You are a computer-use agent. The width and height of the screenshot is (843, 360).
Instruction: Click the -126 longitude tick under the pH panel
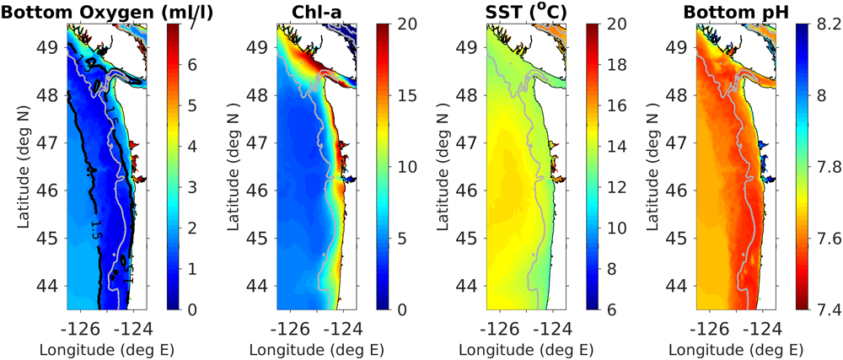tap(708, 325)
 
